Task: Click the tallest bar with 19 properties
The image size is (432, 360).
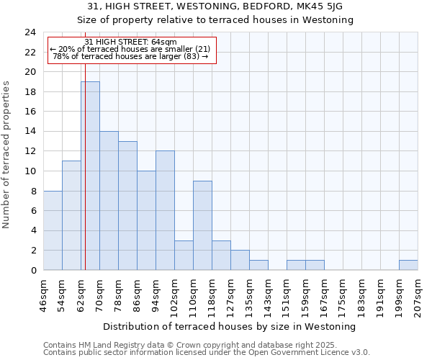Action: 90,176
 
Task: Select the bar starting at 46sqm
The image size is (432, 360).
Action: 53,230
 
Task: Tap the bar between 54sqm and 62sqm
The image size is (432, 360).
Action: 71,215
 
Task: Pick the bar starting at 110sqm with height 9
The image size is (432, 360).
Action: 202,225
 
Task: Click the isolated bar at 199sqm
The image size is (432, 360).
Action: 408,265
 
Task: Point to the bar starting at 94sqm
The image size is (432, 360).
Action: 165,210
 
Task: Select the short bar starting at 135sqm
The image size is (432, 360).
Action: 258,265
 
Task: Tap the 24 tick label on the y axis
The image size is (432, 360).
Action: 30,32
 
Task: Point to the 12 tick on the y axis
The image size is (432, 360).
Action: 30,151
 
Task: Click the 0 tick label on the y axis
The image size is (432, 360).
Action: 33,270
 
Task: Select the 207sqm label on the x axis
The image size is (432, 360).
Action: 418,295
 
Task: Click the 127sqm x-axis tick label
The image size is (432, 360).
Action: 230,295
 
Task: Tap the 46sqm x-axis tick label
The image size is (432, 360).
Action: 44,295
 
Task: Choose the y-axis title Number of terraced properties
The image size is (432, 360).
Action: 6,154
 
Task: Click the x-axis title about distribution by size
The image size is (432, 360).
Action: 230,326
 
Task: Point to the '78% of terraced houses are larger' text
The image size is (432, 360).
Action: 130,56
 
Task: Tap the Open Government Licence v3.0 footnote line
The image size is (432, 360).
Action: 207,353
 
